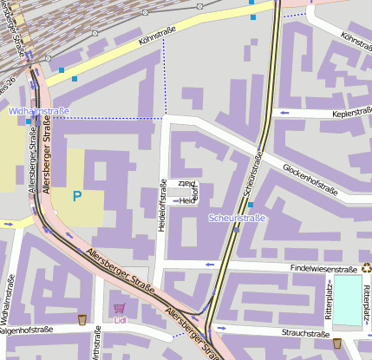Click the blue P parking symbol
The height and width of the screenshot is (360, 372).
coord(77,196)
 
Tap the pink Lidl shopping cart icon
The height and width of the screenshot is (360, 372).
coord(119,308)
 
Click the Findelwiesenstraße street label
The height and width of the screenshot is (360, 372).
coord(323,270)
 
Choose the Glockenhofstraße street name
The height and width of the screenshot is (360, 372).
coord(309,176)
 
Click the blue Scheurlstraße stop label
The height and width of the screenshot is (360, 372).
coord(237,218)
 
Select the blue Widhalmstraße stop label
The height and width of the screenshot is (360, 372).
coord(38,111)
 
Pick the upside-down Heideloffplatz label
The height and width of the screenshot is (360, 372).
coord(188,191)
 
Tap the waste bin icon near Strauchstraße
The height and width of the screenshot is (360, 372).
coord(337,344)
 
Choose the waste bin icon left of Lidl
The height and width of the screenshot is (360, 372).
coord(82,320)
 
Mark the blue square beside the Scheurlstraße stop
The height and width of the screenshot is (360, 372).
coord(250,205)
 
